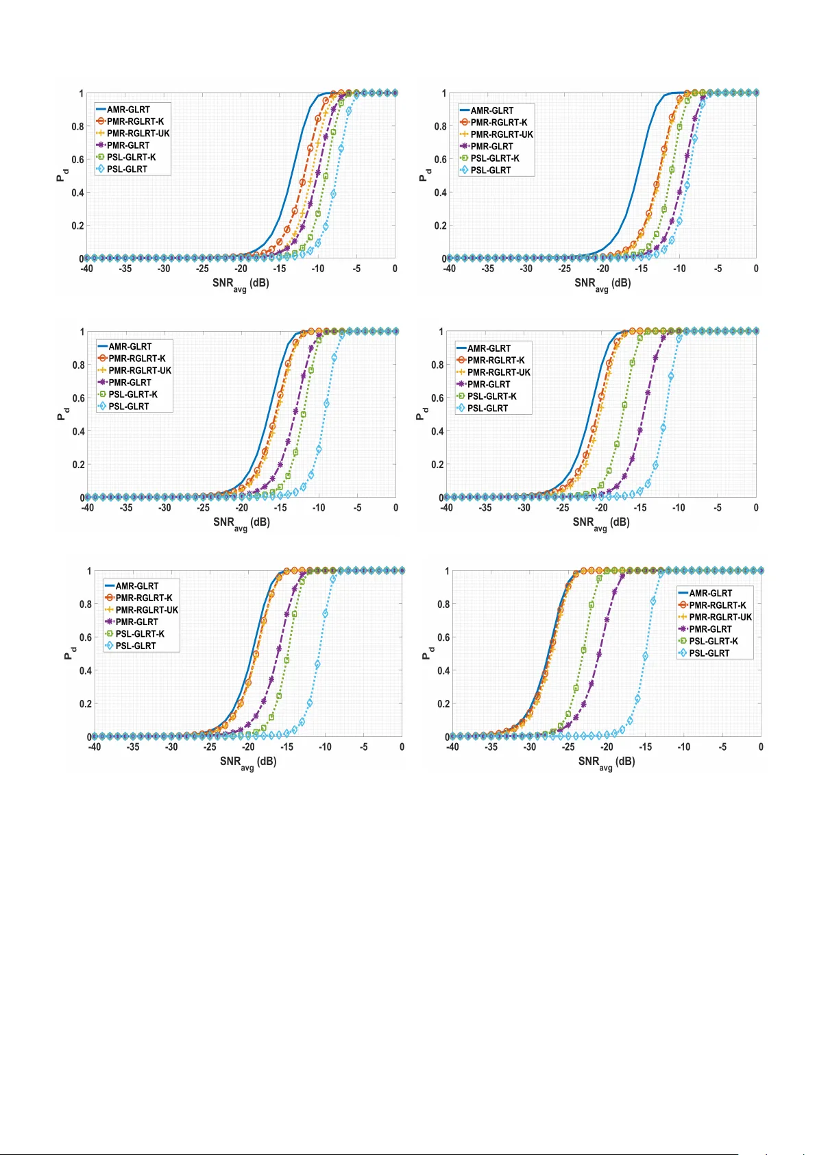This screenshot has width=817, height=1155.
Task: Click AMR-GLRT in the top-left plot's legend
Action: point(128,110)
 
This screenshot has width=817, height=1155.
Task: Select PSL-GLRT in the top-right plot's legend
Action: point(491,170)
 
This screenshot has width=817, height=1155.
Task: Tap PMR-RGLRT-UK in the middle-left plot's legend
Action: point(140,370)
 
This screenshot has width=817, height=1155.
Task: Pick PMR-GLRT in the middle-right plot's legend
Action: point(489,385)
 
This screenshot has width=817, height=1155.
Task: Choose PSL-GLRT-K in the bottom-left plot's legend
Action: point(140,634)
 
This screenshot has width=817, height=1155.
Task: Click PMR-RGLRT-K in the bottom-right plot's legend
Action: point(718,605)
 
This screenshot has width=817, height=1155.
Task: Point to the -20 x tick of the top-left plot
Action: point(241,269)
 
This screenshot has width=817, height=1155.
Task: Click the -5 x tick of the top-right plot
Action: point(718,269)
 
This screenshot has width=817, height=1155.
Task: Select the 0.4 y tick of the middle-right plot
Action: point(437,431)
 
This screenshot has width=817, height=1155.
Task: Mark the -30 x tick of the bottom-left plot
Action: point(171,747)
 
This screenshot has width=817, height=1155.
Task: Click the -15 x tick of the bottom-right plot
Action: point(645,747)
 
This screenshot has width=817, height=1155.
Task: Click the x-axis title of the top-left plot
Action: point(241,283)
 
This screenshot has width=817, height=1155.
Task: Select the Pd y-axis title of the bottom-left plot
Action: point(69,654)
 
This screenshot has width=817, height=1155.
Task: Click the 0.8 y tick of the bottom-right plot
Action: point(443,605)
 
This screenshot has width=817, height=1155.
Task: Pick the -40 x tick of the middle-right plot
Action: point(447,508)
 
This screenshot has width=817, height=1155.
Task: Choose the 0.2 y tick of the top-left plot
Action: point(77,226)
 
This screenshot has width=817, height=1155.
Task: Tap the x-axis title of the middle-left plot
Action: point(241,522)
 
